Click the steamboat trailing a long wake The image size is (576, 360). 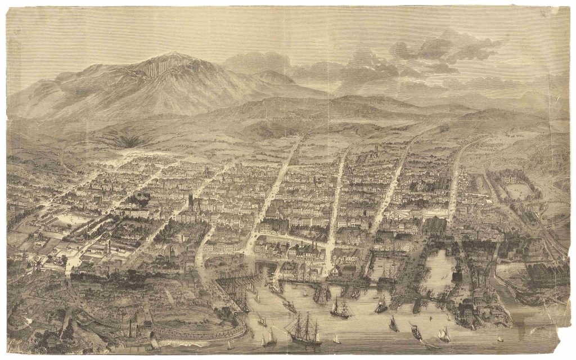coord(416,332)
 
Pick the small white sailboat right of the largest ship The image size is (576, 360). coord(336,338)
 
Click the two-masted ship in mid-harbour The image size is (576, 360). coord(340,309)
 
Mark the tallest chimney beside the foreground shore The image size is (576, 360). coord(130,326)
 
